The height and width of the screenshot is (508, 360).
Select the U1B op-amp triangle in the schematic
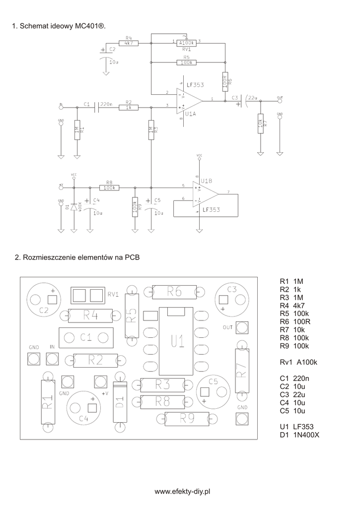[205, 193]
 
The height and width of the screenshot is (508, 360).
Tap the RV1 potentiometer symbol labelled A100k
[186, 43]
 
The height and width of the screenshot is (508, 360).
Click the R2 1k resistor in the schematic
[128, 107]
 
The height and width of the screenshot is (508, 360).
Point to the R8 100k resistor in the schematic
[110, 188]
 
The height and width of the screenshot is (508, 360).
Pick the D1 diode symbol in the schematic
[74, 206]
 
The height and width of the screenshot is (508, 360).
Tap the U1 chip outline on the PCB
[177, 341]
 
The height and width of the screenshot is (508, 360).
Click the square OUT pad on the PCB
[242, 327]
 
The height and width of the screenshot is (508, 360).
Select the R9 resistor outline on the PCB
[187, 419]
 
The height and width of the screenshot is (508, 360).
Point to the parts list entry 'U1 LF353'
[296, 427]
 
